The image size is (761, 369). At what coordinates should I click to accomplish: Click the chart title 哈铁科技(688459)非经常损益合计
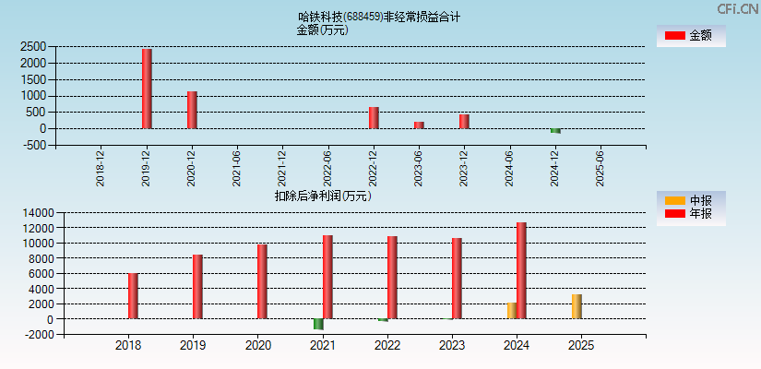[379, 17]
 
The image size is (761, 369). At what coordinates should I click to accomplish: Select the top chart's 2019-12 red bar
[147, 89]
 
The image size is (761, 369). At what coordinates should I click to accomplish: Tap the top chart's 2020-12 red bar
[192, 110]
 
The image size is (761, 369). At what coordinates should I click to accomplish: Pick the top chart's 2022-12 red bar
[374, 118]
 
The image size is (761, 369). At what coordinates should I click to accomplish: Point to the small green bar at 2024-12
[555, 131]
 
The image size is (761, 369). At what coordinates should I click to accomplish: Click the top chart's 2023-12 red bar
[464, 122]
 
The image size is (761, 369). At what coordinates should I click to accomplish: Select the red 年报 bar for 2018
[133, 296]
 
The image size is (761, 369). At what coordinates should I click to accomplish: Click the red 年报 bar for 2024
[521, 270]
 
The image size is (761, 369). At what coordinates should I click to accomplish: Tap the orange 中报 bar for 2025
[577, 307]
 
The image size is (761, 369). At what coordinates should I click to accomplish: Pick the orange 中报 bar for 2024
[511, 311]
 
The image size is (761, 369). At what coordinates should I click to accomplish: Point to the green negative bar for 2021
[318, 324]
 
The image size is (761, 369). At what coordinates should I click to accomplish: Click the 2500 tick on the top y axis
[33, 46]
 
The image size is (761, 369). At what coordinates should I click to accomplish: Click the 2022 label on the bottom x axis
[387, 346]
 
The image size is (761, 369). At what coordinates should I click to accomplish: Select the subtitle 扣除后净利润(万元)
[323, 196]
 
